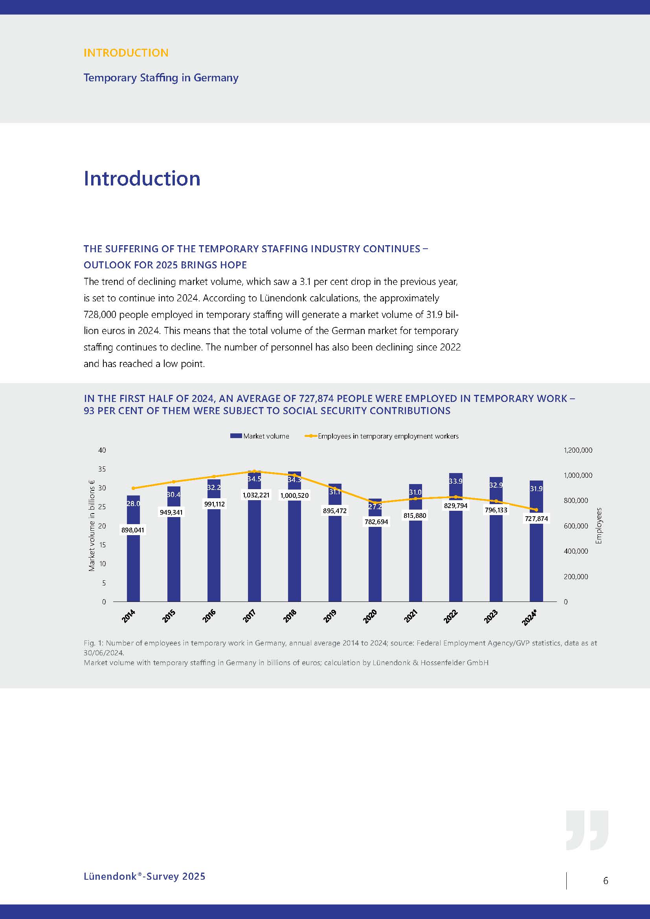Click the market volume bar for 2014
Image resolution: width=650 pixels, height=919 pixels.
pos(133,569)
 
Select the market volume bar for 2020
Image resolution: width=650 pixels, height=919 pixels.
pos(375,569)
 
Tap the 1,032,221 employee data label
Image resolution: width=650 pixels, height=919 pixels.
pos(256,495)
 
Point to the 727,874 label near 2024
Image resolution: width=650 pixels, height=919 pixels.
pos(536,519)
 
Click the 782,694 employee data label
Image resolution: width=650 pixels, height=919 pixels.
pos(376,522)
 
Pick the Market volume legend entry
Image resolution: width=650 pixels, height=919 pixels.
pos(260,436)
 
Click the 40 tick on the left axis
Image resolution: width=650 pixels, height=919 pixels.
pos(102,450)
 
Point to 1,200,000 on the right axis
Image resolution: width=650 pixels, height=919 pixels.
pos(578,450)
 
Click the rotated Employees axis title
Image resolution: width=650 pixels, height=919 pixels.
pos(599,526)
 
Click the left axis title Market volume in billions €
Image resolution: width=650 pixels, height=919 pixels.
pos(92,526)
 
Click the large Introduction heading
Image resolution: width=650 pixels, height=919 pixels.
pos(142,178)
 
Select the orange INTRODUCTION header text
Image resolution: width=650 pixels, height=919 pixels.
pos(126,53)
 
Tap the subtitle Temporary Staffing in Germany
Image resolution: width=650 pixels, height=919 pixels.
pos(161,78)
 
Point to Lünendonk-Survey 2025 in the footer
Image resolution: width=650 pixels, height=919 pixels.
pos(145,876)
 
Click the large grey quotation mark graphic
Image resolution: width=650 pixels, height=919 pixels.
pos(587,831)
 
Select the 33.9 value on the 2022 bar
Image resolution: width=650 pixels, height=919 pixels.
pos(455,481)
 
